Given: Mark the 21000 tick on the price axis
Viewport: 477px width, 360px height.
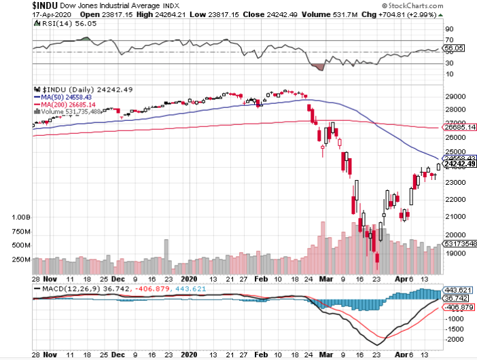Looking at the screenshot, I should (x=453, y=216).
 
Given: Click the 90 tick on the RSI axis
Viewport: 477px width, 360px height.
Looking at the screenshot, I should (x=449, y=29).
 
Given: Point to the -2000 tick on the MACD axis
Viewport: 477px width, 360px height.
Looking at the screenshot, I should (x=455, y=339).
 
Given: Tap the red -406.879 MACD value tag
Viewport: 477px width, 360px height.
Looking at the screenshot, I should (x=457, y=307).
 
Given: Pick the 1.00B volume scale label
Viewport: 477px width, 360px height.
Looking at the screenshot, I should (x=21, y=217).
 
